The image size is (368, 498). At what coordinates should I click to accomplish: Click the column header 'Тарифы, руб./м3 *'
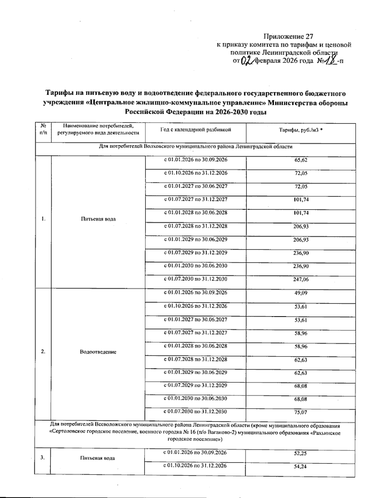pos(301,130)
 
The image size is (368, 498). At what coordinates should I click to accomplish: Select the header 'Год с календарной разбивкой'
pos(195,130)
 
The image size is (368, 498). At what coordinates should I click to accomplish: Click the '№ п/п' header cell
pos(43,129)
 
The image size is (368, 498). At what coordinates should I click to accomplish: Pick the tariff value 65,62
pos(301,160)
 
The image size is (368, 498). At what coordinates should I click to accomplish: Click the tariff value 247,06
pos(301,279)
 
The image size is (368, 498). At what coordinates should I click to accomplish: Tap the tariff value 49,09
pos(301,293)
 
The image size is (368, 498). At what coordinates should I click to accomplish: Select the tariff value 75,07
pos(301,412)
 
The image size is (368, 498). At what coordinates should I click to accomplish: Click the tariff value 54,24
pos(301,467)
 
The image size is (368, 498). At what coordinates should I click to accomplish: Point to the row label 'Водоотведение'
pos(98,352)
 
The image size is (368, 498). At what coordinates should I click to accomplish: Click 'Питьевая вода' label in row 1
pos(98,219)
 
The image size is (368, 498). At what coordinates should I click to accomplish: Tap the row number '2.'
pos(43,352)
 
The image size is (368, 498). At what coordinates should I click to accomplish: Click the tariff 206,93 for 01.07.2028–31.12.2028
pos(301,226)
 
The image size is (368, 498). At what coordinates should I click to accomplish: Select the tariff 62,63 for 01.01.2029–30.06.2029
pos(301,373)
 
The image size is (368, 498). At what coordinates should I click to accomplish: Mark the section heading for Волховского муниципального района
pos(195,147)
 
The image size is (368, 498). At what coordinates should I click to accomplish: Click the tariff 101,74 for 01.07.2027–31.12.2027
pos(301,200)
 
